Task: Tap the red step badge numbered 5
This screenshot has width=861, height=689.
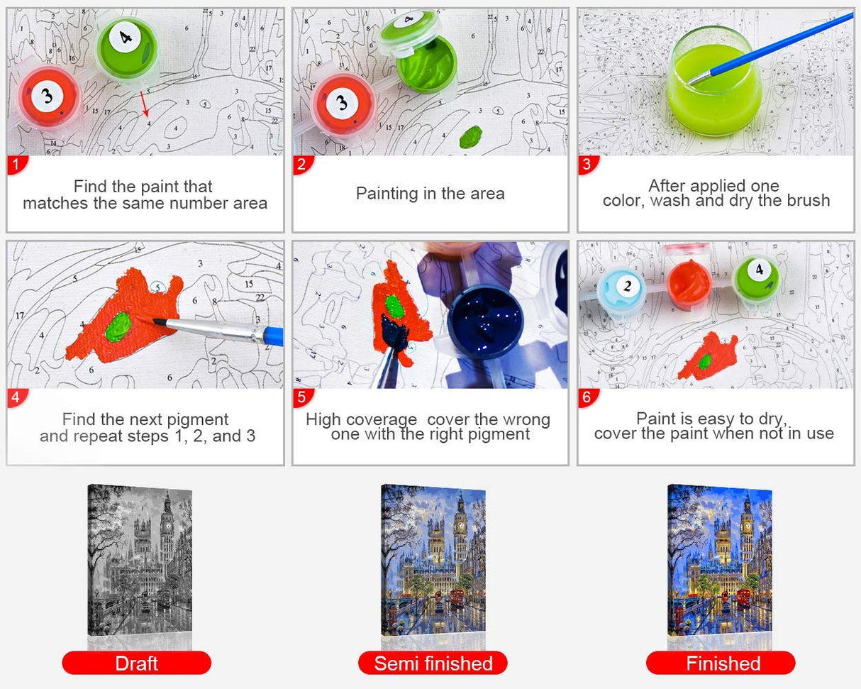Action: pos(302,398)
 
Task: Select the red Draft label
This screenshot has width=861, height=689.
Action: pos(136,663)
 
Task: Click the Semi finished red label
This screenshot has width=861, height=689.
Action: pos(433,663)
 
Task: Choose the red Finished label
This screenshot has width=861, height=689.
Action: pos(723,663)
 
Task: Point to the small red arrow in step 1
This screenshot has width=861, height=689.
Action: pos(144,104)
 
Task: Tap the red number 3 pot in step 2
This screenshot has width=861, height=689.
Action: pos(343,103)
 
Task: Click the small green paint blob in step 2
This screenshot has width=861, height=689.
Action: pos(471,136)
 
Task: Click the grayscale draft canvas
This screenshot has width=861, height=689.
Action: pos(139,561)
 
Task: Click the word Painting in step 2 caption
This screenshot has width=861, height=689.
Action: pos(387,193)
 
